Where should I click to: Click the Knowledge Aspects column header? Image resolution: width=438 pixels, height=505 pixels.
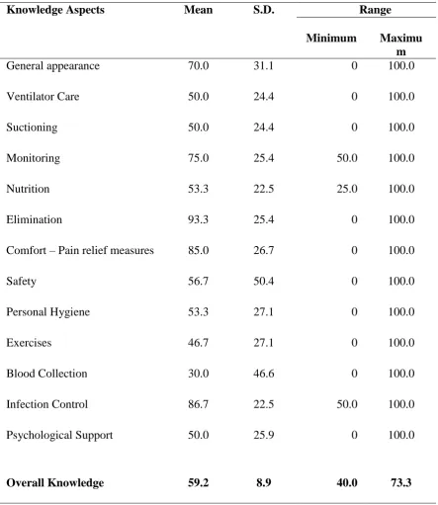pyautogui.click(x=55, y=10)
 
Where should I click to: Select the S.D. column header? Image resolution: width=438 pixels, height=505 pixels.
pyautogui.click(x=264, y=10)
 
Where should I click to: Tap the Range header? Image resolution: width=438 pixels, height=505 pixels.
pyautogui.click(x=375, y=10)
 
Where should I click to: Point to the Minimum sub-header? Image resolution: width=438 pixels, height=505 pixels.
pyautogui.click(x=331, y=38)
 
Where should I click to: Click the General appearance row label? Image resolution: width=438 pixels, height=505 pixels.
pyautogui.click(x=52, y=66)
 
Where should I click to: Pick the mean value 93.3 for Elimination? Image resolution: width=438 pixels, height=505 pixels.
pyautogui.click(x=198, y=219)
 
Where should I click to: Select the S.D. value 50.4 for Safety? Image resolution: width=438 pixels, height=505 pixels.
pyautogui.click(x=263, y=281)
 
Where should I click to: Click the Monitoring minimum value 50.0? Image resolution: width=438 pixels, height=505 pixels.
pyautogui.click(x=347, y=158)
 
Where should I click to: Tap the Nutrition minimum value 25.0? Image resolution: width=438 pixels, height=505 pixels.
pyautogui.click(x=347, y=189)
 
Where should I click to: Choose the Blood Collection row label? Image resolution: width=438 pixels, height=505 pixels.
pyautogui.click(x=46, y=374)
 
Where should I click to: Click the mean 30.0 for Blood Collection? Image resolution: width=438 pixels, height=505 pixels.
pyautogui.click(x=198, y=374)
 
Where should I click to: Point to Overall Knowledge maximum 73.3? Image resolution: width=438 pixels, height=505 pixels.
pyautogui.click(x=401, y=482)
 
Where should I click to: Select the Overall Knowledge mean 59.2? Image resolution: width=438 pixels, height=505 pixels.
pyautogui.click(x=198, y=482)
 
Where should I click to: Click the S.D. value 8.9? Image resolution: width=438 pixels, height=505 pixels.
pyautogui.click(x=264, y=482)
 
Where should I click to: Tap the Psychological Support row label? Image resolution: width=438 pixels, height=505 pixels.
pyautogui.click(x=59, y=435)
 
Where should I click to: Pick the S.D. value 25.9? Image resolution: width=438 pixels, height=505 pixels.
pyautogui.click(x=263, y=435)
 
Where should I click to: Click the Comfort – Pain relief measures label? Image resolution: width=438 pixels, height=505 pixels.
pyautogui.click(x=80, y=250)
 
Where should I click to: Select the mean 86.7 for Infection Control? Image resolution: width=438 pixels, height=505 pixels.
pyautogui.click(x=198, y=404)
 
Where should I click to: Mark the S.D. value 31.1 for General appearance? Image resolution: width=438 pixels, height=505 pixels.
pyautogui.click(x=263, y=65)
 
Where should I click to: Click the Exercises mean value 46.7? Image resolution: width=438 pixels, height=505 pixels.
pyautogui.click(x=198, y=343)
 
